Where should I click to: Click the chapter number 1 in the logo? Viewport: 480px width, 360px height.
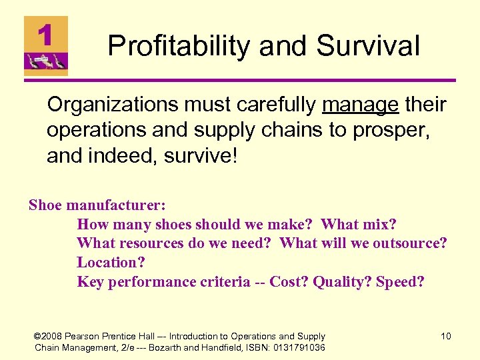45,35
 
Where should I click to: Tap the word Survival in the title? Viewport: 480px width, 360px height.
368,47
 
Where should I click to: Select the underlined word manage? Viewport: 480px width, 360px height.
359,105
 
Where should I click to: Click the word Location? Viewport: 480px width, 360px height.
110,263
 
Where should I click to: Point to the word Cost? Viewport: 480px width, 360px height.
289,282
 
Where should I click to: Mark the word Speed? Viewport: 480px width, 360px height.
400,282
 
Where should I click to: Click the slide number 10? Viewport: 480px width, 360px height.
445,336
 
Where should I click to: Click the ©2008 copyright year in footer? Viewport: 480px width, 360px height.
50,336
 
